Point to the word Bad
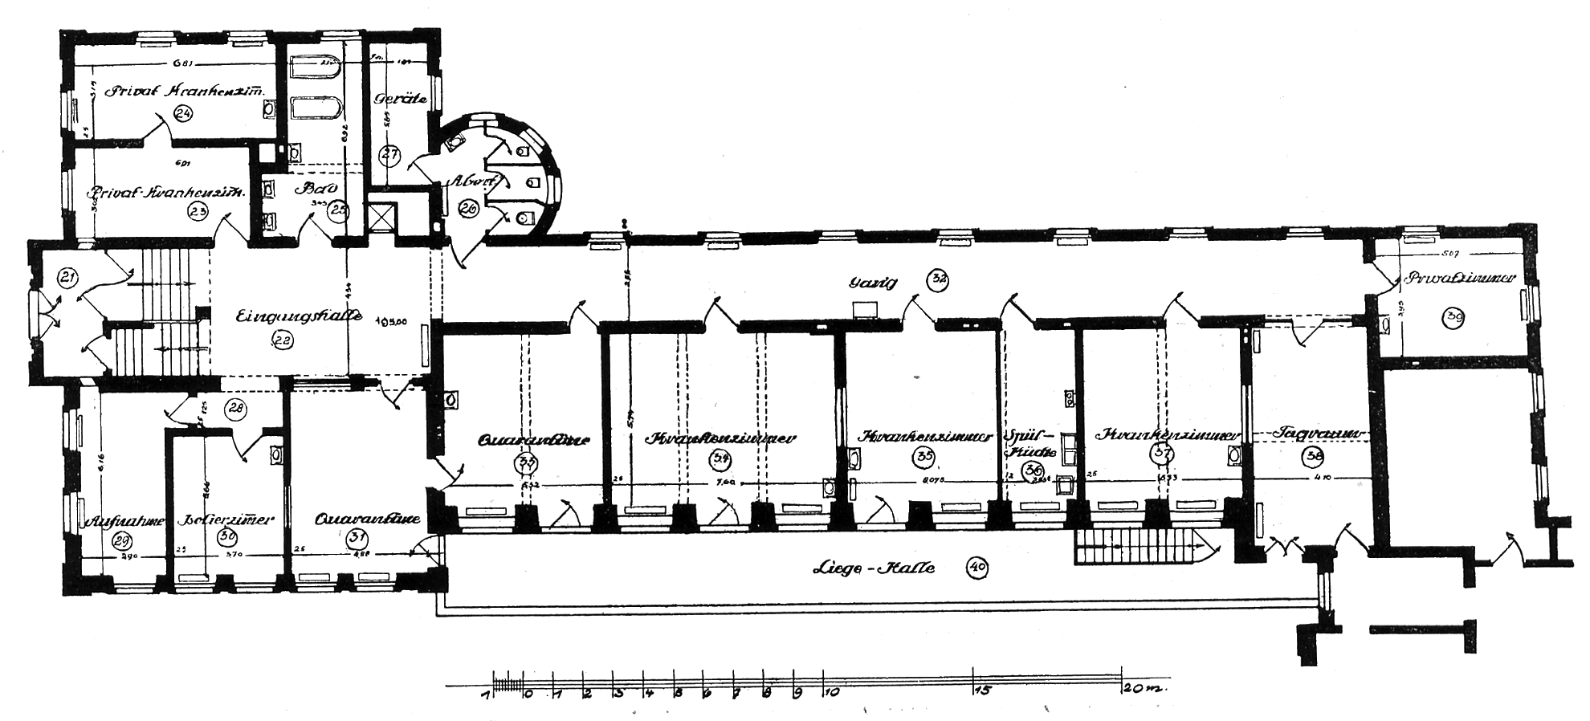click(x=311, y=190)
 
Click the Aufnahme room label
click(x=124, y=520)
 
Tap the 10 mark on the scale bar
click(x=830, y=690)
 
